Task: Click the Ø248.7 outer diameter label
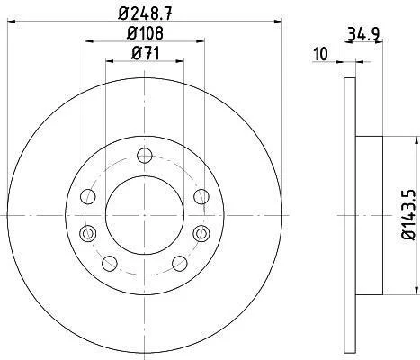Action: point(145,13)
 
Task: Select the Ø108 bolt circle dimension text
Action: point(145,33)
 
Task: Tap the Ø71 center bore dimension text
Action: point(145,54)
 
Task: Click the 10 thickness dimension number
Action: point(320,54)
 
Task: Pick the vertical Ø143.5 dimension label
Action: point(408,214)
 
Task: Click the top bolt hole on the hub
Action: point(145,156)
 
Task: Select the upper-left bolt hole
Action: point(88,197)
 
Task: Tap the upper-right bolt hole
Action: point(201,197)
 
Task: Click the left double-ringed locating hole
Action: point(88,233)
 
